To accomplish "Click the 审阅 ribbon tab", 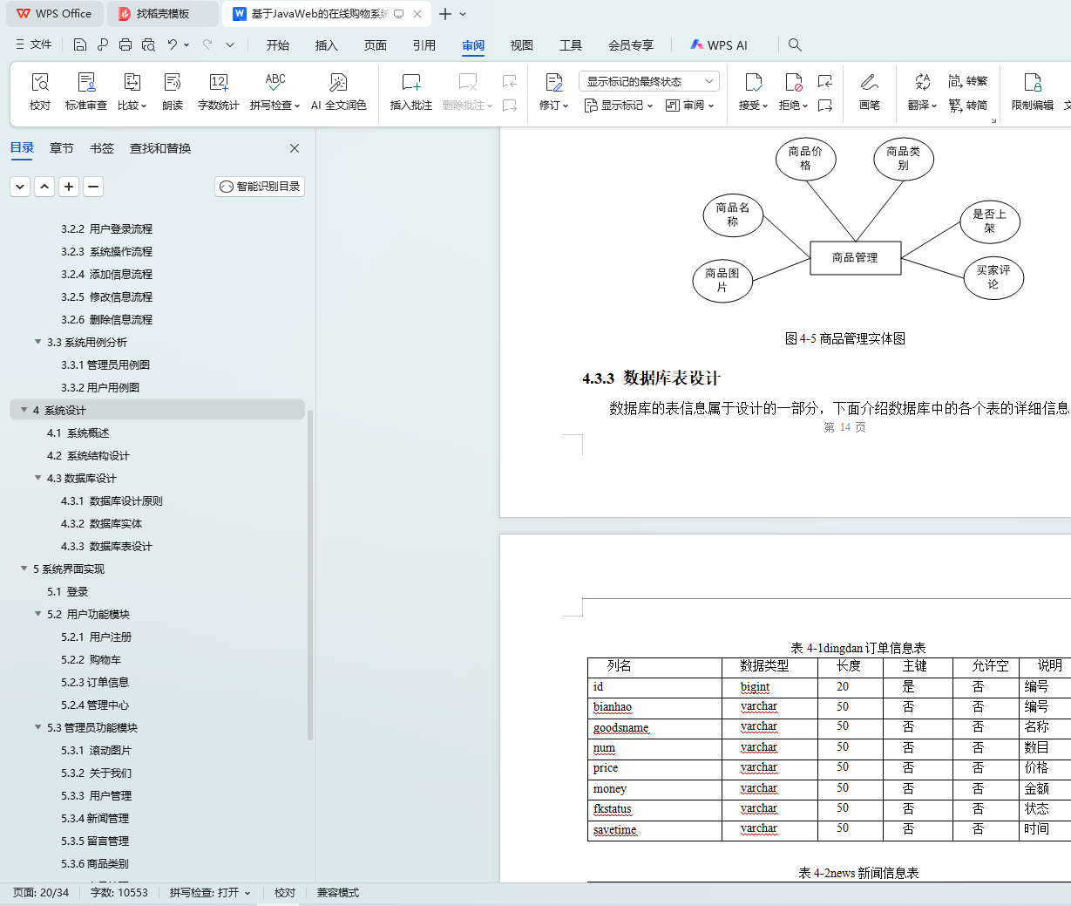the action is coord(472,45).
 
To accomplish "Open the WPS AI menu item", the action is coord(719,45).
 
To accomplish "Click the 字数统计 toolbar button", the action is coord(218,92).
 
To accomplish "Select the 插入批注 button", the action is coord(411,92).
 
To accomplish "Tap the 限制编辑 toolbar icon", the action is coord(1032,92).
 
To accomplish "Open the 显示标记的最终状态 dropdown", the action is coord(649,81).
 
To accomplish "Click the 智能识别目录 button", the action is coord(260,187).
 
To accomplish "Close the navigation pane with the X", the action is coord(295,148).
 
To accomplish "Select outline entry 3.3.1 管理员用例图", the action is coord(105,365).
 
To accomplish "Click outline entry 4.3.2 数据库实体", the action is coord(102,524).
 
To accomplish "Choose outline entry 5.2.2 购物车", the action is coord(91,660).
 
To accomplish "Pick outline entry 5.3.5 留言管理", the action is coord(95,841).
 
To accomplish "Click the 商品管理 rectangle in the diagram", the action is coord(856,258).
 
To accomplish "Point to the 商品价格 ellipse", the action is coord(806,159).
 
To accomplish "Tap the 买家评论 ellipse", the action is coord(993,277).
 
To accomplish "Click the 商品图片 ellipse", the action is coord(722,281).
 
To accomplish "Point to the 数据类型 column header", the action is coord(764,666).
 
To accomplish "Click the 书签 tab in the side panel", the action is coord(102,148).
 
